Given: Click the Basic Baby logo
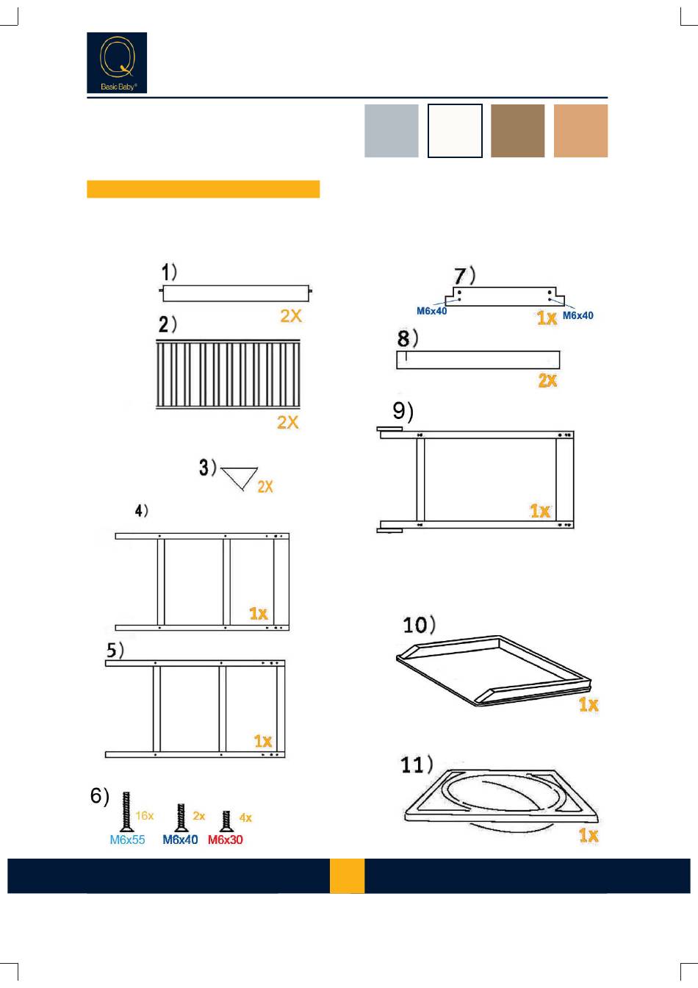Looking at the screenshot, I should pyautogui.click(x=117, y=62).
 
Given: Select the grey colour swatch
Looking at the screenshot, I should pyautogui.click(x=392, y=131).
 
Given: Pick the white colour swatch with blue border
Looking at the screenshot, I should pyautogui.click(x=455, y=131).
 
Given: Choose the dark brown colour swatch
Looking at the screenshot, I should pyautogui.click(x=517, y=131).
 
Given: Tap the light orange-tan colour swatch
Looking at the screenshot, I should pyautogui.click(x=580, y=131).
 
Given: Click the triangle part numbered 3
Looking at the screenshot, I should pyautogui.click(x=240, y=477).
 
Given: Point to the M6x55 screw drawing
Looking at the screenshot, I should pyautogui.click(x=126, y=812).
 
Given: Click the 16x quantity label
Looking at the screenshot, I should pyautogui.click(x=145, y=816).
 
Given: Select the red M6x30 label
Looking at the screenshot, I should pyautogui.click(x=226, y=840).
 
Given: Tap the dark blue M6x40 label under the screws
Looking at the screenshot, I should pyautogui.click(x=180, y=840).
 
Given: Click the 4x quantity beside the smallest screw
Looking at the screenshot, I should pyautogui.click(x=245, y=817).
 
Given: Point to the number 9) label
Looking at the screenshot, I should pyautogui.click(x=403, y=412).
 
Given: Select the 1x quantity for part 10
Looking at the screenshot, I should pyautogui.click(x=589, y=704).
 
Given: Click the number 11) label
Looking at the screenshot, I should pyautogui.click(x=417, y=765).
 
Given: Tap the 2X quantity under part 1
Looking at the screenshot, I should pyautogui.click(x=291, y=315).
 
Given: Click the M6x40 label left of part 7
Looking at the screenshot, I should pyautogui.click(x=432, y=311).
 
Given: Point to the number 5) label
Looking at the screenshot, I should pyautogui.click(x=115, y=651).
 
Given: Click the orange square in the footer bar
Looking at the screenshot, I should pyautogui.click(x=347, y=876).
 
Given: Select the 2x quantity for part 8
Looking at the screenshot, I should pyautogui.click(x=547, y=380).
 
